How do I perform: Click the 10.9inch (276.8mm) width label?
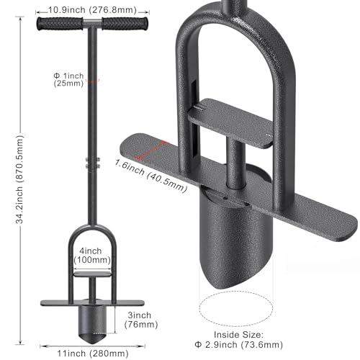pos(92,10)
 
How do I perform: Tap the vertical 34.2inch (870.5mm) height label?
pos(19,179)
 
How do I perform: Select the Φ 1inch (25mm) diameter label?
pos(68,80)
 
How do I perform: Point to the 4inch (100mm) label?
pos(92,256)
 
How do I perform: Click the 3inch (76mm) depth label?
pos(141,320)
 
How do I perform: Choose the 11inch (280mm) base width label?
pos(93,354)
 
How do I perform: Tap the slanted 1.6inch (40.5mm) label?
pos(150,176)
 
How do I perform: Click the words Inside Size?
pos(238,335)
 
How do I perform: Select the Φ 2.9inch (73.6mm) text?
pos(239,345)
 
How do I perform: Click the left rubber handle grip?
pos(60,24)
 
